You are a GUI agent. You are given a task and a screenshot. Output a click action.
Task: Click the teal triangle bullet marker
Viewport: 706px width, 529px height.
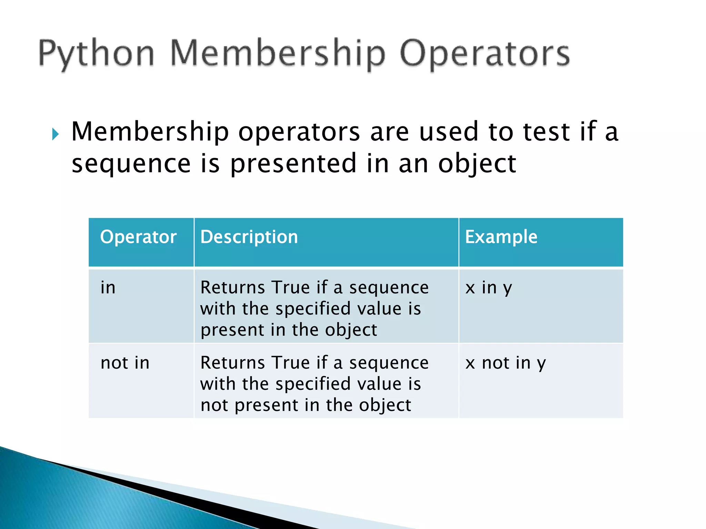click(56, 134)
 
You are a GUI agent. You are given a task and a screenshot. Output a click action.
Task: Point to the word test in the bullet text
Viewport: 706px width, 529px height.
click(546, 132)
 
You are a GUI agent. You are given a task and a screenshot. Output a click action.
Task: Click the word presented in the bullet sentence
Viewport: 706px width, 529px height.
click(293, 164)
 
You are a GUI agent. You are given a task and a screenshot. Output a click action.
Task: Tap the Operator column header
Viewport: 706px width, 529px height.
click(138, 237)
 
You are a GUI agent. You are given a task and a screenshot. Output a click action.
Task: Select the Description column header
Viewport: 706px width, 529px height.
click(249, 237)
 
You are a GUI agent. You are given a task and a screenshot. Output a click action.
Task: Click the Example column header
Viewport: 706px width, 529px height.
click(501, 237)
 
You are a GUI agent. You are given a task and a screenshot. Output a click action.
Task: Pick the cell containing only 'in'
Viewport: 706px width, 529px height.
click(108, 288)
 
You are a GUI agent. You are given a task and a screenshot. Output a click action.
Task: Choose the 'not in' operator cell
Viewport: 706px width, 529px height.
click(125, 363)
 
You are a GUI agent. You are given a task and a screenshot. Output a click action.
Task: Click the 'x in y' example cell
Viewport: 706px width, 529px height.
click(488, 288)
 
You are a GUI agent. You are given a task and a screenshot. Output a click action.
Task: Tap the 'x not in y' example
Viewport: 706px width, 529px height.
click(505, 363)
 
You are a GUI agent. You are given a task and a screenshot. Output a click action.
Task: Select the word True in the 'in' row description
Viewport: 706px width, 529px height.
click(291, 288)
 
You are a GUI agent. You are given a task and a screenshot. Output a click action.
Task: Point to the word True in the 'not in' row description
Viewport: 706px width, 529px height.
click(291, 363)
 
